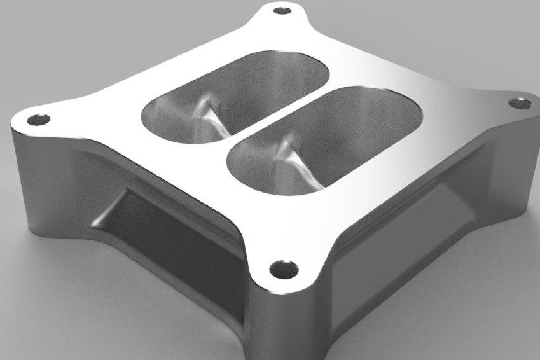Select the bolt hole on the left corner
coord(40,119)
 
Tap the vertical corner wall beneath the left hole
coord(25,159)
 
